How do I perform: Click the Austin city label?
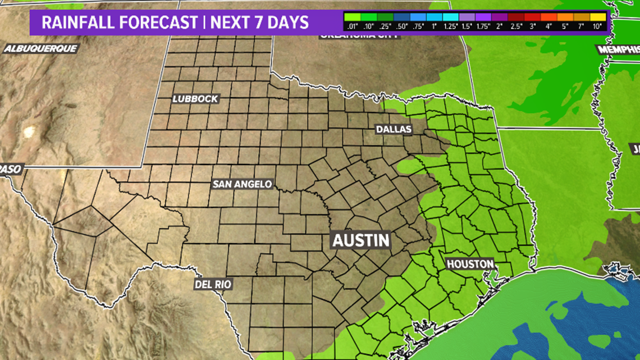pyautogui.click(x=361, y=240)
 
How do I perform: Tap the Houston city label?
pyautogui.click(x=470, y=264)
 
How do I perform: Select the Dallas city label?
pyautogui.click(x=394, y=129)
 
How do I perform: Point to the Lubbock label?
pyautogui.click(x=195, y=99)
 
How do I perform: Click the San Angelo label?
pyautogui.click(x=242, y=184)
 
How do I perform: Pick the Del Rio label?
pyautogui.click(x=213, y=284)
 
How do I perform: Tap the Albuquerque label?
pyautogui.click(x=40, y=48)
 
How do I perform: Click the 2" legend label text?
pyautogui.click(x=499, y=26)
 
